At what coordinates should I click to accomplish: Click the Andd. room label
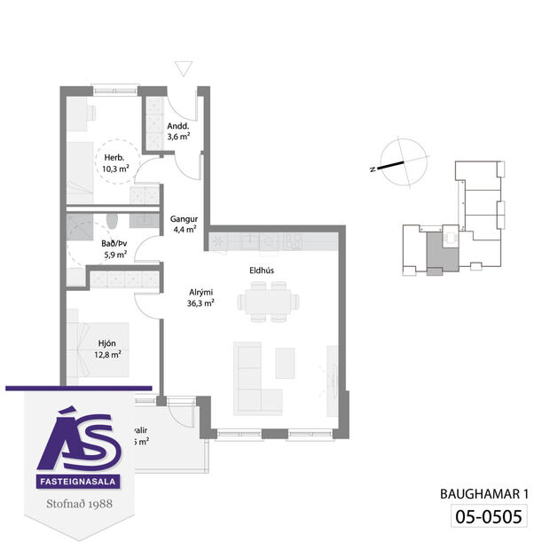tap(177, 125)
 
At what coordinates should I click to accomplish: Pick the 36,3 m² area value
tap(200, 303)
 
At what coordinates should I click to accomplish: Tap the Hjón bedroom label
tap(108, 342)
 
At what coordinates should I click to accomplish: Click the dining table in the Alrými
tap(266, 302)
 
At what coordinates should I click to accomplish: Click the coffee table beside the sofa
tap(285, 362)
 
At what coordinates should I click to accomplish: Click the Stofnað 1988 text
tap(81, 507)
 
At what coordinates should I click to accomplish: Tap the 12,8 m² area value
tap(108, 354)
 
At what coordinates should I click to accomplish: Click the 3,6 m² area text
tap(177, 137)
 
